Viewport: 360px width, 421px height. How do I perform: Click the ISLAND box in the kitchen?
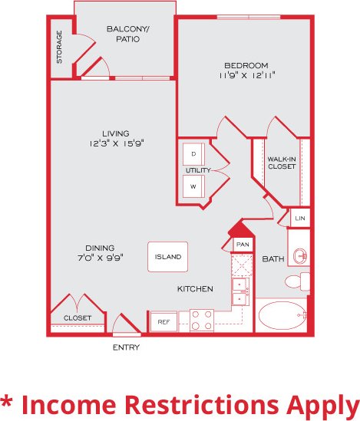167,257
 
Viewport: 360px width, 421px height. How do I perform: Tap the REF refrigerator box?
162,322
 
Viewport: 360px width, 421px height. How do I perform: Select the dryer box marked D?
193,153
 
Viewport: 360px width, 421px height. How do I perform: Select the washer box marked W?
193,186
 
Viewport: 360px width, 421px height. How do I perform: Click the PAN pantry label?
243,244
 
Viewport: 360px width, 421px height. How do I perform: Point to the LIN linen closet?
300,219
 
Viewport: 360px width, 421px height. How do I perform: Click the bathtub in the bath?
280,315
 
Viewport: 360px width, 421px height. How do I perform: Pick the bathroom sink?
300,256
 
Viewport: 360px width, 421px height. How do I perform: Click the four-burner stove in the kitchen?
201,319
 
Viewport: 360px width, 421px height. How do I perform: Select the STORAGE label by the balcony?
60,48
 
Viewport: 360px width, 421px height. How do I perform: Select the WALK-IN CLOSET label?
281,163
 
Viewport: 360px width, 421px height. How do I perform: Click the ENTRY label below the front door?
126,347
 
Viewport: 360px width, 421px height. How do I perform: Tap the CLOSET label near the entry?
78,317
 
